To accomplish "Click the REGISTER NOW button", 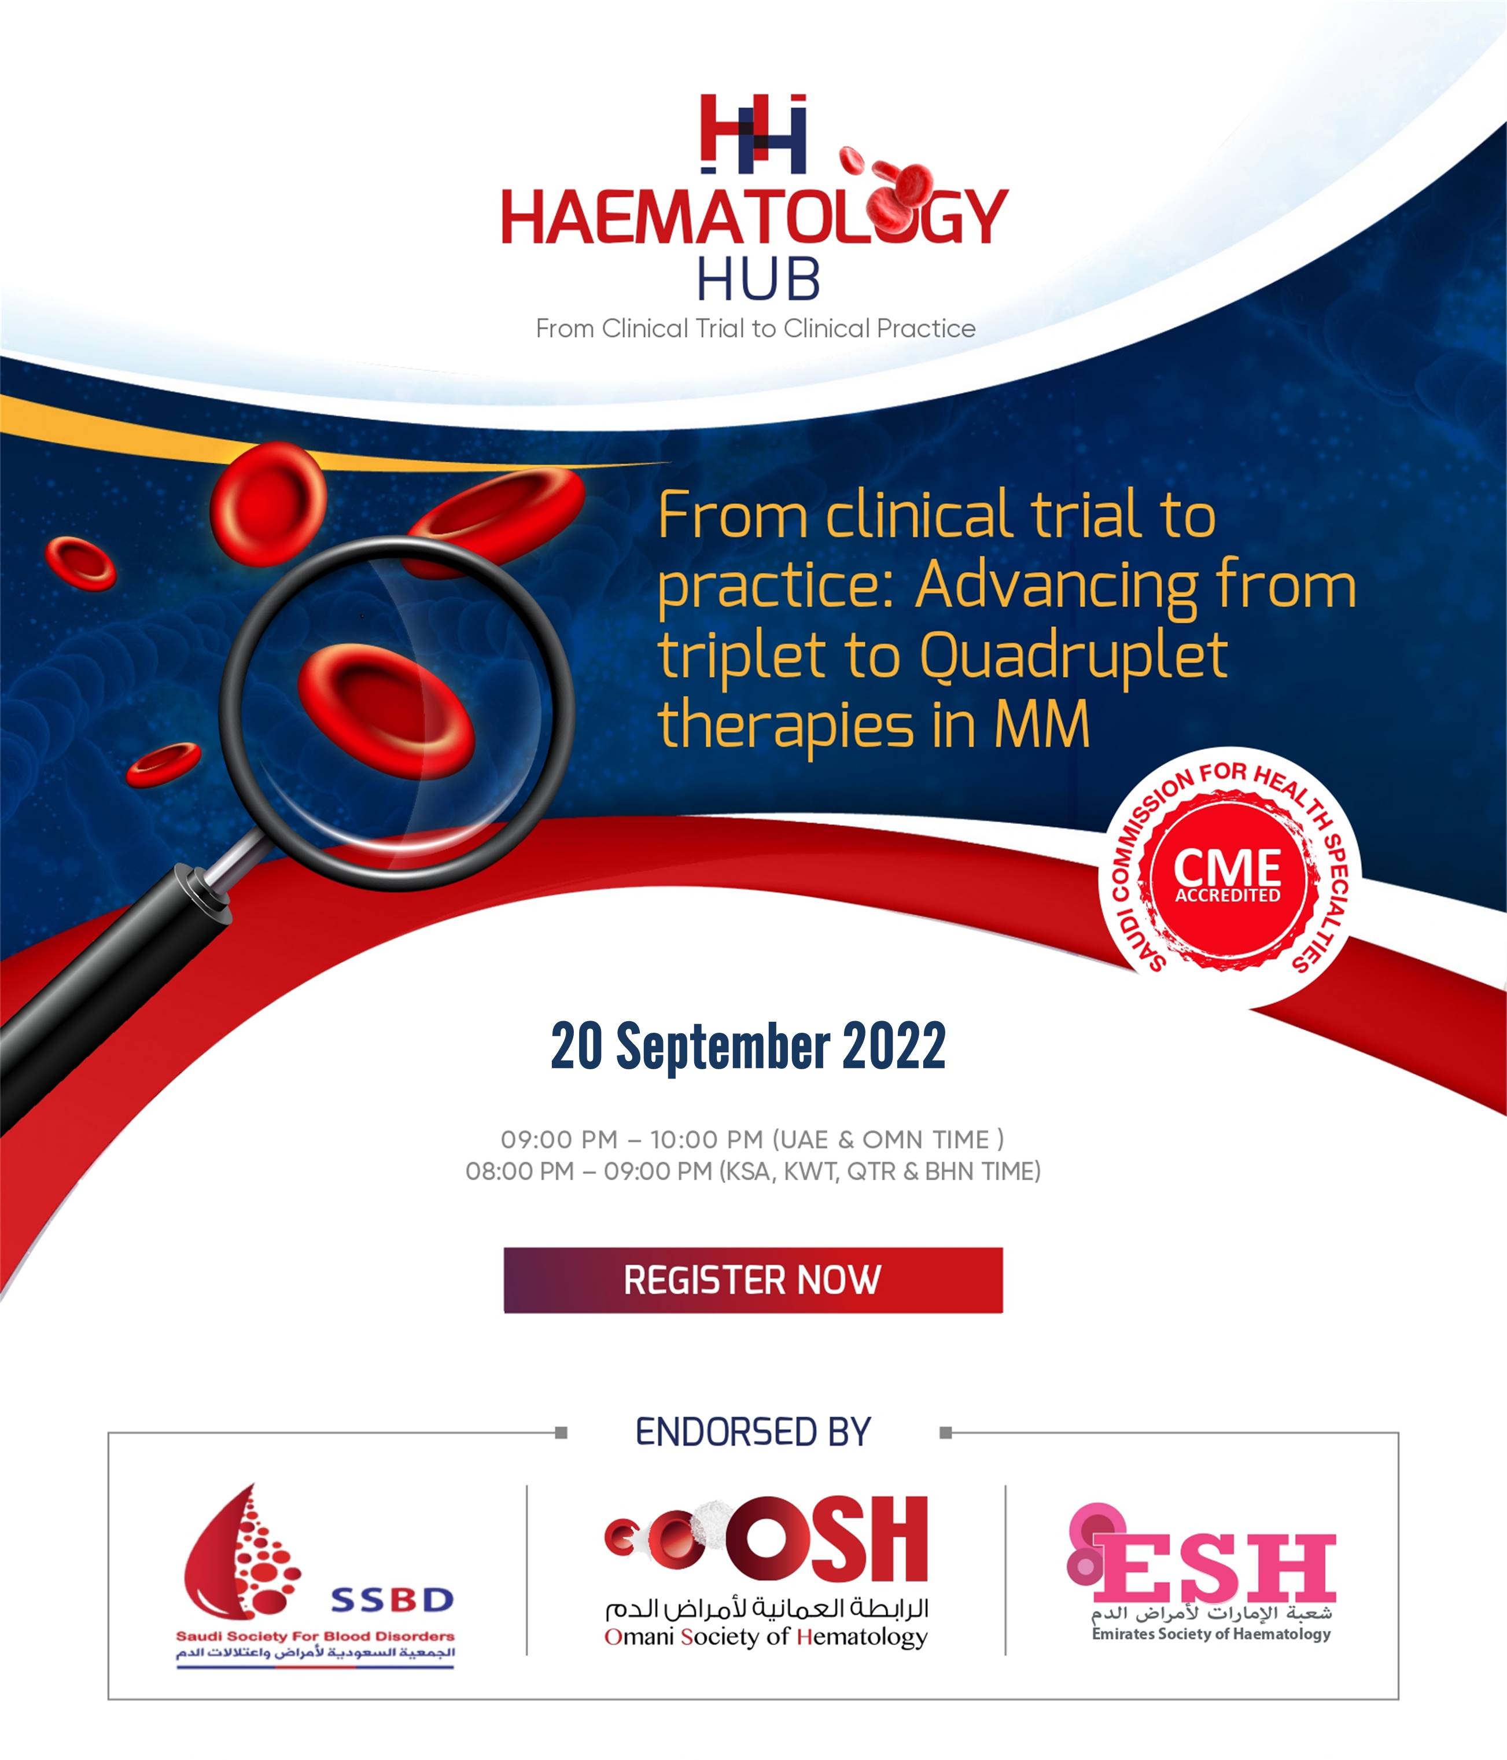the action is pyautogui.click(x=753, y=1280).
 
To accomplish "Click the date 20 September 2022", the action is pyautogui.click(x=749, y=1045).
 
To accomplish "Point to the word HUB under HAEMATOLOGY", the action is pyautogui.click(x=758, y=279).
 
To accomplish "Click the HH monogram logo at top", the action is pyautogui.click(x=753, y=132).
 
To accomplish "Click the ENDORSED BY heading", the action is pyautogui.click(x=753, y=1432).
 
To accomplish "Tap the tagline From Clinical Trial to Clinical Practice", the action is pyautogui.click(x=755, y=329).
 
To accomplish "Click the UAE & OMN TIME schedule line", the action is pyautogui.click(x=752, y=1139).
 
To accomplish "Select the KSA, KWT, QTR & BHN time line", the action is pyautogui.click(x=753, y=1172).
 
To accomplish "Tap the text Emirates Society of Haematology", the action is pyautogui.click(x=1211, y=1633).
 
